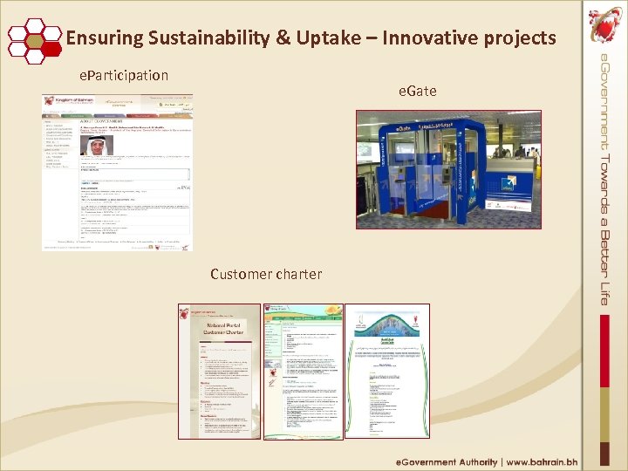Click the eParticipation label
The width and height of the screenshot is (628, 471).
pyautogui.click(x=124, y=76)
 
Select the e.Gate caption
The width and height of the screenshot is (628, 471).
pyautogui.click(x=418, y=91)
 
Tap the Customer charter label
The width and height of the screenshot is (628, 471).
pyautogui.click(x=265, y=274)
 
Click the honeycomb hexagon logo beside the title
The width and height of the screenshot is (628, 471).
pyautogui.click(x=34, y=39)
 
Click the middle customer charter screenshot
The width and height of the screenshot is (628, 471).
pyautogui.click(x=303, y=371)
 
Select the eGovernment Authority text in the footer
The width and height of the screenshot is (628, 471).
pyautogui.click(x=447, y=461)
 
